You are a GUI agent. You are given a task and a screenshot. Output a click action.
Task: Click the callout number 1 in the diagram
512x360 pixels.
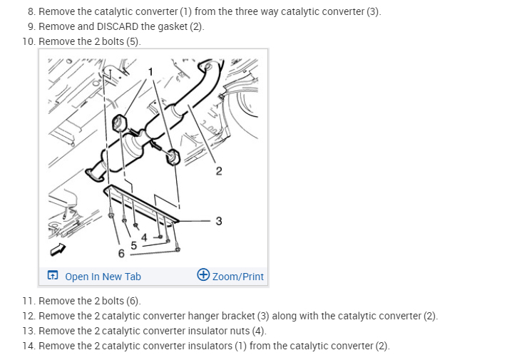click(150, 71)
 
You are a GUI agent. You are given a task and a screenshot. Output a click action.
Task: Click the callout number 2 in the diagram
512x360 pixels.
click(219, 171)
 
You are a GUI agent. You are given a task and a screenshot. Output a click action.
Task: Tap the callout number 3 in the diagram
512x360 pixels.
click(219, 221)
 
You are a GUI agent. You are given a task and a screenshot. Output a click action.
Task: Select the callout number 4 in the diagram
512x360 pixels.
click(144, 237)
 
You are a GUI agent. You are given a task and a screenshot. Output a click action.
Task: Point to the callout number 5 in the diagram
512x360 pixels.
click(133, 245)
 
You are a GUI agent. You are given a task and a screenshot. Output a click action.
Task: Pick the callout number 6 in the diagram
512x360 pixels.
click(121, 253)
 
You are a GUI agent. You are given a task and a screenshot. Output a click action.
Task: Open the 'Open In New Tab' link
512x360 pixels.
click(103, 277)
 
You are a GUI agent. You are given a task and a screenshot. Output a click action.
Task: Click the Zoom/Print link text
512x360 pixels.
click(237, 277)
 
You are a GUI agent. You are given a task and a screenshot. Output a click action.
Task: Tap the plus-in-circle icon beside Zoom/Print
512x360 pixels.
click(203, 274)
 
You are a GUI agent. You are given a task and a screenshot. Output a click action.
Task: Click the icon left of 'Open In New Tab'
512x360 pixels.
click(53, 275)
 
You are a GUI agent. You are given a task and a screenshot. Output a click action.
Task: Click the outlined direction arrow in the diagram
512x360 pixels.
click(58, 250)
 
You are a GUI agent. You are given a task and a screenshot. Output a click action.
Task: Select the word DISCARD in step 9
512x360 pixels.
click(118, 26)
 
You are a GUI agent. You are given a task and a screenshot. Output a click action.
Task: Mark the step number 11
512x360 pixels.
click(29, 301)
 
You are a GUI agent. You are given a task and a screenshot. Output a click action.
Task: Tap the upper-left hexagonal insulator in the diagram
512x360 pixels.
click(119, 123)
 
